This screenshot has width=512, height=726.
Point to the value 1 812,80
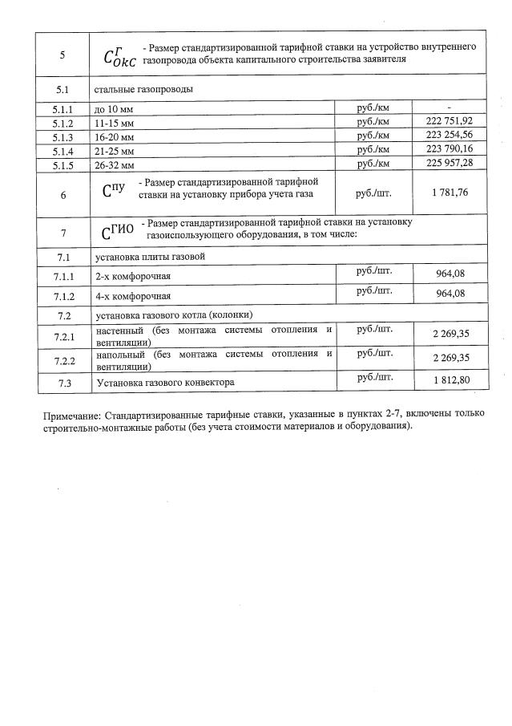point(450,382)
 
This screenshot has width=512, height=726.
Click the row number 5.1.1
point(62,107)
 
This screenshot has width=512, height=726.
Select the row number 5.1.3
point(62,136)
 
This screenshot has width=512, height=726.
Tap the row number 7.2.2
point(62,360)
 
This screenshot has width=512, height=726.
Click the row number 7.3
point(62,383)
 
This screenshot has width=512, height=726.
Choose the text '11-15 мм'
point(113,122)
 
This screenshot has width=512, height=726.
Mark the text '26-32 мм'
point(113,164)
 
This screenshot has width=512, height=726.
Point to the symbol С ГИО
point(119,232)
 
